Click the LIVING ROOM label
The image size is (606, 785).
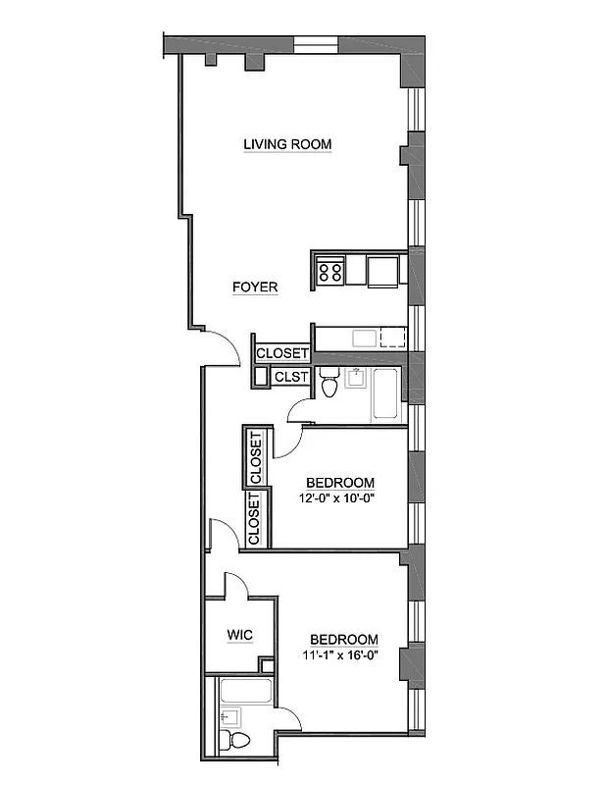tap(287, 144)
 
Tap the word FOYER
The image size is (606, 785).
tap(255, 288)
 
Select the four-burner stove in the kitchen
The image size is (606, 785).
tap(330, 270)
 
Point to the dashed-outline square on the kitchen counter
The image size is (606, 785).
tap(393, 339)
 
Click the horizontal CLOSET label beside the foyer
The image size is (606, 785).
tap(282, 353)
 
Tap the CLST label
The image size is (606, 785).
tap(291, 377)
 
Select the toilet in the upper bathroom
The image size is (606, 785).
tap(329, 385)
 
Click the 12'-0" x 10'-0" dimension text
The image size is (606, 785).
tap(339, 497)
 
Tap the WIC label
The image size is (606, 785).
tap(239, 635)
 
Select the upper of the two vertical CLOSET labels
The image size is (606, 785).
tap(256, 457)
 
